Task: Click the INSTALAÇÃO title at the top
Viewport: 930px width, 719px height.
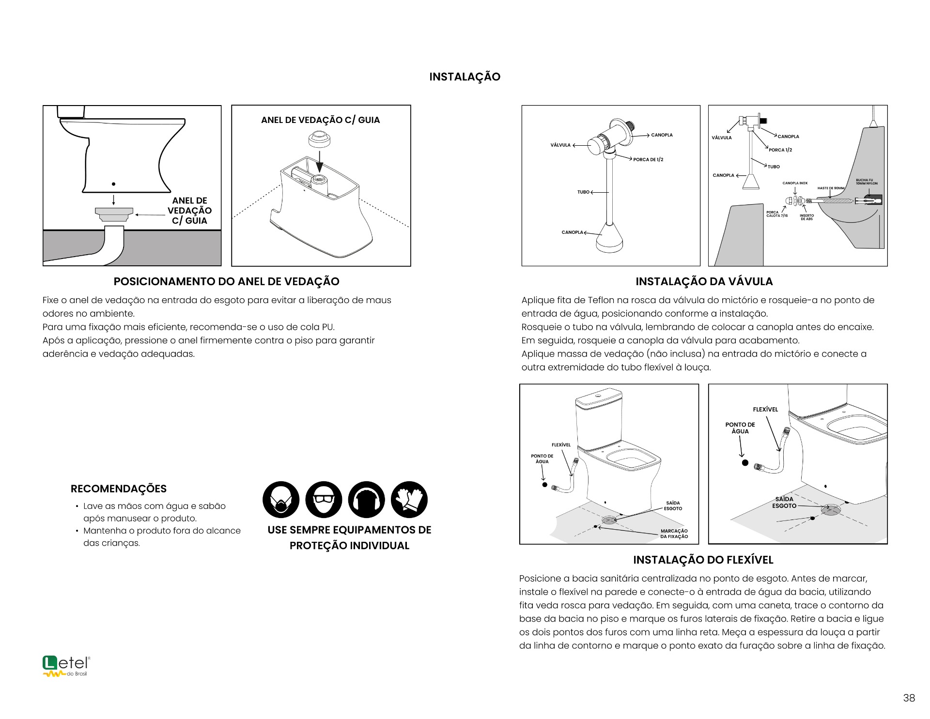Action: [465, 77]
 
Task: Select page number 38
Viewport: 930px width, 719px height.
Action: [909, 698]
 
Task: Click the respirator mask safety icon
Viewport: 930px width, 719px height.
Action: [281, 499]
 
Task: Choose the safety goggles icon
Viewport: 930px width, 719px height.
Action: [324, 499]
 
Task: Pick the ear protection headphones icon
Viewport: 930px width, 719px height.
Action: [366, 499]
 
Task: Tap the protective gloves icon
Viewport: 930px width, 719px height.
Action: [409, 499]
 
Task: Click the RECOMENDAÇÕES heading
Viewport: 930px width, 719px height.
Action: [119, 489]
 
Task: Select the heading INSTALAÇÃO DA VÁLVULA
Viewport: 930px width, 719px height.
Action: [704, 281]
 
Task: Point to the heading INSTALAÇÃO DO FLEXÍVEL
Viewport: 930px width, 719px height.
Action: [703, 560]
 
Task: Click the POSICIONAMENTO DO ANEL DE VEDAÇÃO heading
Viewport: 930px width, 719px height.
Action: [226, 281]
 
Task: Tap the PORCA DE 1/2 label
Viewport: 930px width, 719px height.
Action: [648, 159]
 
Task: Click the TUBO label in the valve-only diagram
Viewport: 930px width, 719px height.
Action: [583, 192]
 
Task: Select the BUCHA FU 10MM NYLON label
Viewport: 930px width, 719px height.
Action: [867, 182]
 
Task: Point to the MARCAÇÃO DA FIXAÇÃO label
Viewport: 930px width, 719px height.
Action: [674, 534]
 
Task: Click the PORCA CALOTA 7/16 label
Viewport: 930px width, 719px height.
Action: [777, 214]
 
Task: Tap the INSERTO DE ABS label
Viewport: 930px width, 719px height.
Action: [806, 217]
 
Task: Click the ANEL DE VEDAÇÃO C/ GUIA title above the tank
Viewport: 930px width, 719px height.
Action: [320, 120]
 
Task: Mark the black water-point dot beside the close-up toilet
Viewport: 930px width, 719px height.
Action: [745, 463]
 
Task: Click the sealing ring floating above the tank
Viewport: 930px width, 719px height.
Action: [320, 139]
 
